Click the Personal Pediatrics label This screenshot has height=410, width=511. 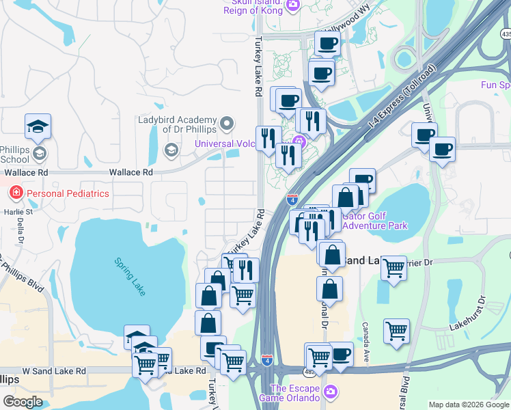click(x=68, y=193)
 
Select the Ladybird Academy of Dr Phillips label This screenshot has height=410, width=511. click(x=177, y=124)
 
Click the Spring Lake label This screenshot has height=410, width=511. click(x=130, y=277)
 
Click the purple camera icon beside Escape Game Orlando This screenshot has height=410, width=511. click(x=331, y=392)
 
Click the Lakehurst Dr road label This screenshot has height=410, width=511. click(x=467, y=314)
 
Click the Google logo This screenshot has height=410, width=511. click(x=23, y=402)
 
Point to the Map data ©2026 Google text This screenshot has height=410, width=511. click(x=469, y=405)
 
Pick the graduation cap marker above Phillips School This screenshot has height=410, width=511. click(x=38, y=126)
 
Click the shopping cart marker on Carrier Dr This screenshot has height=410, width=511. click(x=394, y=269)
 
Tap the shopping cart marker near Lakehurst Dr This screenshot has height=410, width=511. click(x=396, y=331)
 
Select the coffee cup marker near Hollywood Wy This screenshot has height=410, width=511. click(x=327, y=44)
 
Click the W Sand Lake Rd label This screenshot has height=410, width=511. click(x=55, y=370)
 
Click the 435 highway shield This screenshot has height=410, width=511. click(x=506, y=33)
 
